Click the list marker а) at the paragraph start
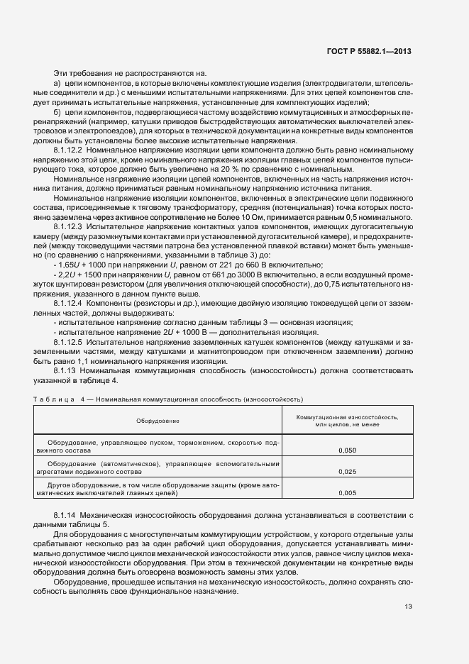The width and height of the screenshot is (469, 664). (57, 84)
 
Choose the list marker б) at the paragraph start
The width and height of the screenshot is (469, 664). (57, 112)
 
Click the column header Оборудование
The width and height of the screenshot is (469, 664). (158, 421)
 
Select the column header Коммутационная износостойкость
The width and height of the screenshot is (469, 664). (347, 417)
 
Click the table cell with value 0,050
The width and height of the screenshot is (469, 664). (347, 450)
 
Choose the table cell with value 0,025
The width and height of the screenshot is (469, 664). (347, 471)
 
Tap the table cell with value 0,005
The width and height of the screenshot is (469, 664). (347, 492)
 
